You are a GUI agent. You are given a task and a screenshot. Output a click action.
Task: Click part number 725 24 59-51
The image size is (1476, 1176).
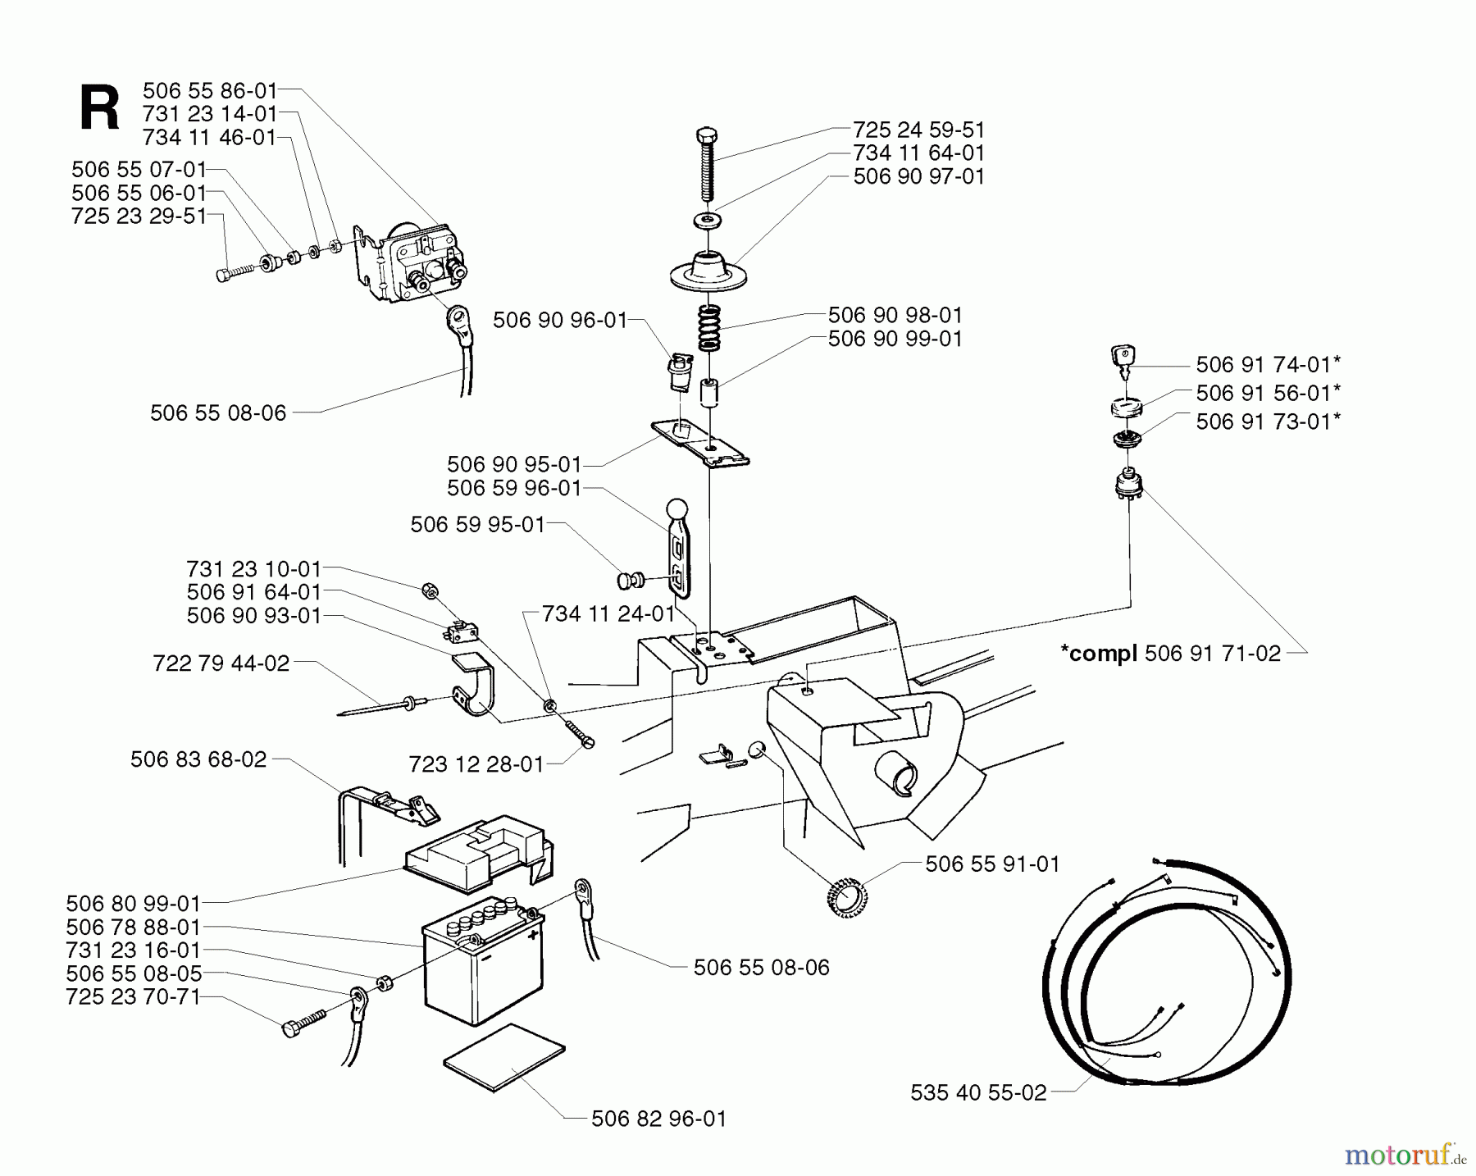point(918,130)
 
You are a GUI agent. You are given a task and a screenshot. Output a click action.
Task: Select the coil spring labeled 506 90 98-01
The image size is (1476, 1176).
point(709,327)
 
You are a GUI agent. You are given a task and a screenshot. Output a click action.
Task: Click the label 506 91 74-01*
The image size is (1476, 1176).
point(1268,364)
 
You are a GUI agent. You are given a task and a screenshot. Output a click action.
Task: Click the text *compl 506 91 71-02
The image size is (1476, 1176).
point(1170,654)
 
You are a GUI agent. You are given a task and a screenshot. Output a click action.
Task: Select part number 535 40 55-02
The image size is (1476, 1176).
point(978,1092)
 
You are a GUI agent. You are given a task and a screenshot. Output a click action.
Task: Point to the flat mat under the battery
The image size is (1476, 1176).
point(503,1057)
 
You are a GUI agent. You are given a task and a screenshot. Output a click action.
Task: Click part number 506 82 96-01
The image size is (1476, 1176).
point(658,1119)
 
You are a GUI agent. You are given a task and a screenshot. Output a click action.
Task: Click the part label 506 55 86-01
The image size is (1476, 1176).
point(210,90)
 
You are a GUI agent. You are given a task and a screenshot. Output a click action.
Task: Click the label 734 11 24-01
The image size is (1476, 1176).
point(608,613)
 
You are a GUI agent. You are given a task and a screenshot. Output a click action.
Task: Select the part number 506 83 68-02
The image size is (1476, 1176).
point(198,759)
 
